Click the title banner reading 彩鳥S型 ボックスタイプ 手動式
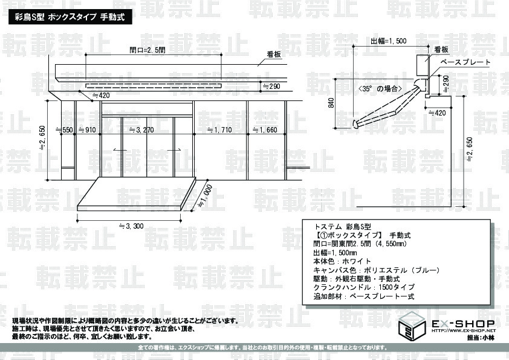pos(71,17)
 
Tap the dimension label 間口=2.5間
pos(148,50)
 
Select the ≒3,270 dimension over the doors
pos(141,130)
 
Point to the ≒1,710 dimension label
pos(220,130)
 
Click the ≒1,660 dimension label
pos(265,130)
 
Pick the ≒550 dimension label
pos(65,130)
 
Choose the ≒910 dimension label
pos(87,130)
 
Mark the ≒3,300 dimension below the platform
pos(131,226)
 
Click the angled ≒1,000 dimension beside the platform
pos(205,196)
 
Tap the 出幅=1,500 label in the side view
pos(389,41)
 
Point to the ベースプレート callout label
pos(465,62)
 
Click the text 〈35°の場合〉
pos(380,88)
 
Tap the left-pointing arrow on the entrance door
pos(120,150)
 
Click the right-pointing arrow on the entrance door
pos(174,150)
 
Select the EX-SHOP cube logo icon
pos(412,327)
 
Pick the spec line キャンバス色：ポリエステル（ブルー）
pos(377,270)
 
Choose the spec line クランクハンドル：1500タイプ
pos(364,287)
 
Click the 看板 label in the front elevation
pos(274,54)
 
